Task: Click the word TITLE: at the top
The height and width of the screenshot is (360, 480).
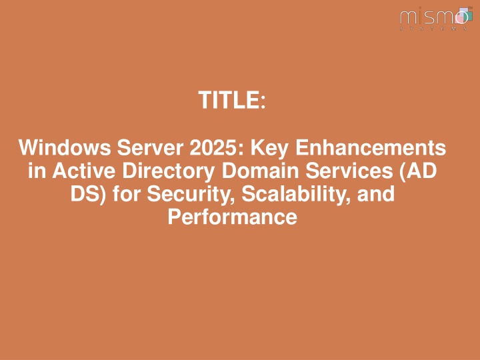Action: coord(232,100)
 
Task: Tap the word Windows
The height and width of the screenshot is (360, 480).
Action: coord(65,147)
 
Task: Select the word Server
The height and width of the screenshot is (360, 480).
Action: coord(150,147)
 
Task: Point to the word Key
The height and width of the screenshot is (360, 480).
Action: coord(269,148)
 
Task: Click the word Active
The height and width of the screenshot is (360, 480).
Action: coord(83,171)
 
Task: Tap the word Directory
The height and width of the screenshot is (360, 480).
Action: coord(169,171)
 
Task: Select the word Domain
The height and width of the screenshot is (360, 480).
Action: coord(260,171)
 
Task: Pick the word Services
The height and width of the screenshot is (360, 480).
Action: coord(349,171)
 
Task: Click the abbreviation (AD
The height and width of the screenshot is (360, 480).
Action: coord(418,171)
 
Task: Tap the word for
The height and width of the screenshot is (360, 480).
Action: coord(127,194)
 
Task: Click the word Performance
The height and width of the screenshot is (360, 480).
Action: coord(233,217)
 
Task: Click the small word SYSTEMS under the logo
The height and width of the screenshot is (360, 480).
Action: coord(434,29)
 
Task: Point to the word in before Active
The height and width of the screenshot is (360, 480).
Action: coord(37,171)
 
